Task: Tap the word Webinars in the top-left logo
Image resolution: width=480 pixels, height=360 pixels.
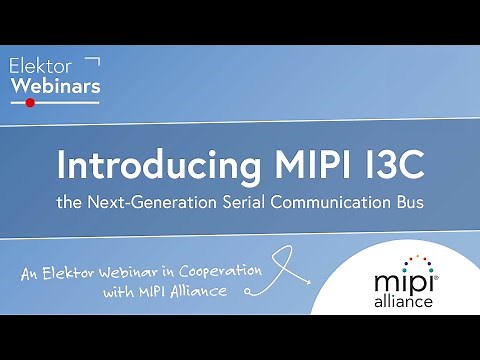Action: (x=55, y=86)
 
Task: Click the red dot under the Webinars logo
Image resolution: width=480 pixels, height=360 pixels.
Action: (x=30, y=103)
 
